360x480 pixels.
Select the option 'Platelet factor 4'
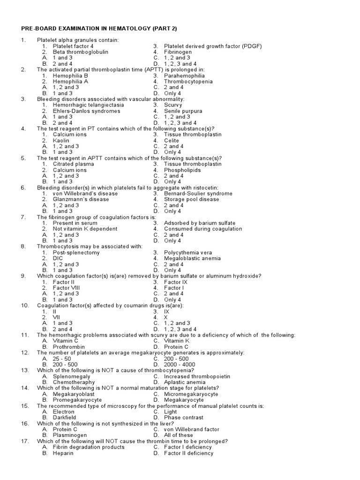[x=73, y=46]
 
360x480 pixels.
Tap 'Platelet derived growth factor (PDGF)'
[x=213, y=46]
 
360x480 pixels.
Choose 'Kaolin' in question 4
[x=61, y=140]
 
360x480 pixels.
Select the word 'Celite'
[x=172, y=140]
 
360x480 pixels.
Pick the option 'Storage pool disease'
[x=191, y=199]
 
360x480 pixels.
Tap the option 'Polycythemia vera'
[x=188, y=252]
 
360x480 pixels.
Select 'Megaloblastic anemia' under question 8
[x=192, y=258]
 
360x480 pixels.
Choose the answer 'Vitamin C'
[x=66, y=341]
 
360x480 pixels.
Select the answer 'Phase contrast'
[x=184, y=417]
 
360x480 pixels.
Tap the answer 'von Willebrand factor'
[x=191, y=429]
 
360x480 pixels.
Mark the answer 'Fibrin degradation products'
[x=89, y=447]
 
